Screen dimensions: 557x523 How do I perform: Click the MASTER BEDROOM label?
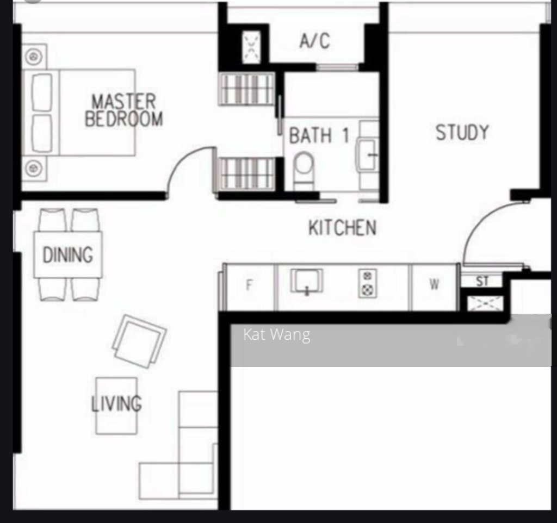pos(123,110)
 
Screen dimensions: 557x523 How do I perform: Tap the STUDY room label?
pos(462,133)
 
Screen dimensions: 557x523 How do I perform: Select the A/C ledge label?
pos(315,40)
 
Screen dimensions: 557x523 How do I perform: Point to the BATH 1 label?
pos(319,135)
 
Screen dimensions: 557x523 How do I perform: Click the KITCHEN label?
pos(343,228)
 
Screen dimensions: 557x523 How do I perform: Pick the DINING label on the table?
pos(68,254)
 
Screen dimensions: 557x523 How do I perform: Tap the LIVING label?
pos(116,404)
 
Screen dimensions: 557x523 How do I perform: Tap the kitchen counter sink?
pos(307,281)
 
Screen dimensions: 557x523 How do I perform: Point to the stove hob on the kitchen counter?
pos(368,284)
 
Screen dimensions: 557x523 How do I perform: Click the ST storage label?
pos(482,282)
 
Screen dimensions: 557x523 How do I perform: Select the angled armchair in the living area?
pos(139,341)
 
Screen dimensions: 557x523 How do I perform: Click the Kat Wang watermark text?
pos(277,335)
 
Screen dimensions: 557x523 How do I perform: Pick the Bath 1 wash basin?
pos(367,154)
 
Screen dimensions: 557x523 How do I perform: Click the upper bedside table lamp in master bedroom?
pos(34,57)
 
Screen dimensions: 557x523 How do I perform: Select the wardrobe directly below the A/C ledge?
pos(247,89)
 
